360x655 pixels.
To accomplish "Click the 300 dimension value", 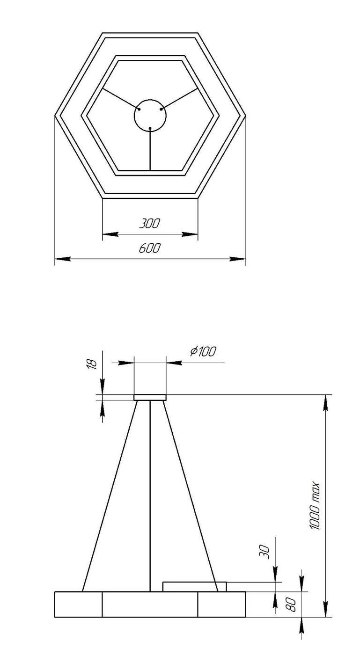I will pos(150,224).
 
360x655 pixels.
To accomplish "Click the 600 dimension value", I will pos(150,248).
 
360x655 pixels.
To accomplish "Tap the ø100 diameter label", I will pos(203,351).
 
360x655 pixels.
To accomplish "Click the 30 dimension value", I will pos(264,552).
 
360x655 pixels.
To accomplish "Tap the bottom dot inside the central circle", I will pos(150,128).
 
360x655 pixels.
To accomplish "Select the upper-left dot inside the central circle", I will pos(139,109).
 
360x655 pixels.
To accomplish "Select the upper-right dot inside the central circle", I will pos(161,109).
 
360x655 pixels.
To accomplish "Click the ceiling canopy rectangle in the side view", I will pos(150,398).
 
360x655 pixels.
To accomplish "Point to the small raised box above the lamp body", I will pos(194,587).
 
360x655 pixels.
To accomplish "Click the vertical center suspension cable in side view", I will pos(150,491).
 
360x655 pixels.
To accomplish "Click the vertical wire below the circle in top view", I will pos(150,150).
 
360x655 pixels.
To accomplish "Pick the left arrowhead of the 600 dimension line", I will pos(61,258).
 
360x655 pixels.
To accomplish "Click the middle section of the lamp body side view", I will pos(150,604).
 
